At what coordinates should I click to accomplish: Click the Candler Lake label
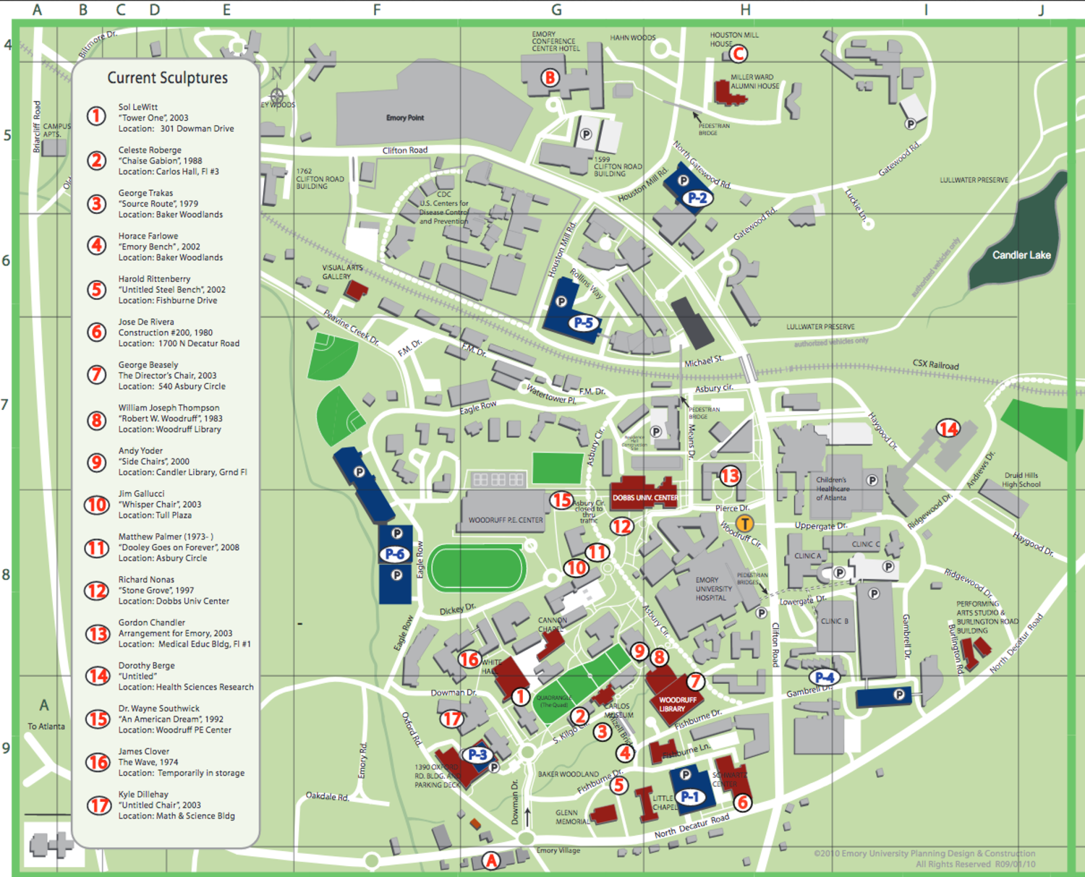pos(1021,255)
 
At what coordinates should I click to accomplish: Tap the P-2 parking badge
pos(697,197)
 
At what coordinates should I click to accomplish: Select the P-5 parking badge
pos(583,322)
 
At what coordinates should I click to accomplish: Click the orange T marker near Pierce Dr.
pos(744,523)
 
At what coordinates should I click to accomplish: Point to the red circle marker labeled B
pos(550,77)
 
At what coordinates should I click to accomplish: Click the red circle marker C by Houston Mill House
pos(738,54)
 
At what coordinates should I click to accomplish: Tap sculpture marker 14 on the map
pos(948,429)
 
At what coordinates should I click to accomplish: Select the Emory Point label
pos(405,118)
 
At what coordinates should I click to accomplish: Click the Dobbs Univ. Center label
pos(645,497)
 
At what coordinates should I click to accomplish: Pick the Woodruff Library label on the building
pos(677,704)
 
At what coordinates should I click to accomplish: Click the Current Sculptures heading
pos(167,78)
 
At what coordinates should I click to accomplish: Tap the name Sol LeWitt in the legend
pos(138,107)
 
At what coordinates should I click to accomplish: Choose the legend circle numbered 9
pos(97,462)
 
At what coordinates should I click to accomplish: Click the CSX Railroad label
pos(935,365)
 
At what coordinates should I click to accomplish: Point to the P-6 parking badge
pos(395,554)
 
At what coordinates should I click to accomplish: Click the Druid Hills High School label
pos(1021,480)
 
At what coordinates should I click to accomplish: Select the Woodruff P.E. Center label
pos(505,520)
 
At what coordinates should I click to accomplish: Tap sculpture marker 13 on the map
pos(730,476)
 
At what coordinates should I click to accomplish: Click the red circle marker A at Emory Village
pos(491,860)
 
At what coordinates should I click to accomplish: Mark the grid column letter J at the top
pos(1041,10)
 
